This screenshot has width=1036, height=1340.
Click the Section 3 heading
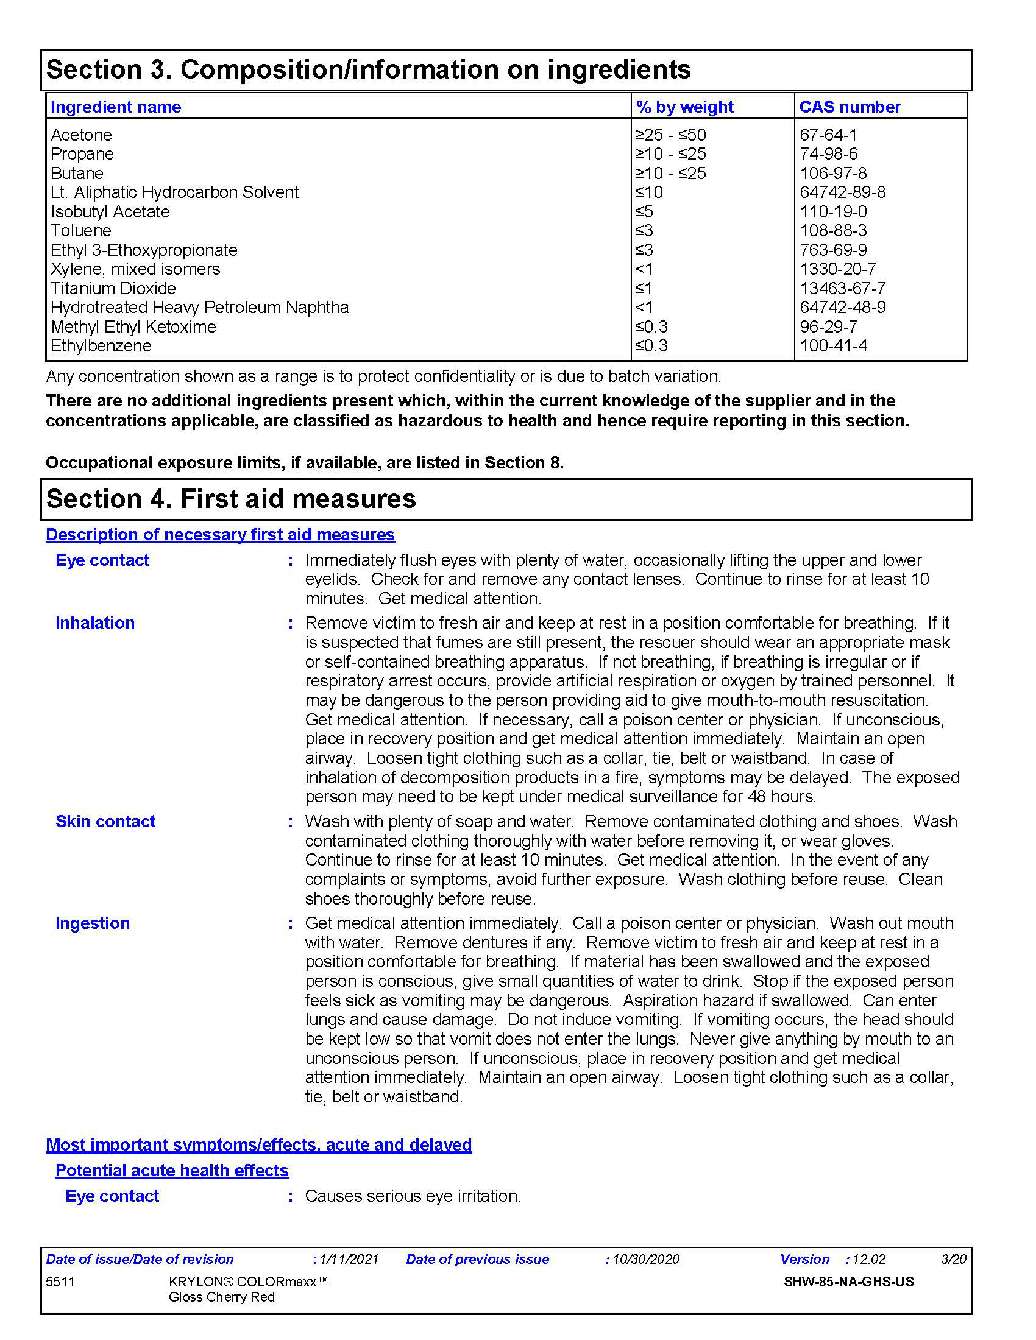coord(368,69)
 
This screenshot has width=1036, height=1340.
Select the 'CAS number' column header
coord(850,107)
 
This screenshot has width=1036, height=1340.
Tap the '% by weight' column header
coord(684,107)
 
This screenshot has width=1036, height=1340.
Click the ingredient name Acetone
coord(81,135)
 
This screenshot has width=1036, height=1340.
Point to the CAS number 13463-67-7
coord(842,288)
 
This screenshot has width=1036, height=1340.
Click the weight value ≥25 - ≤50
coord(670,135)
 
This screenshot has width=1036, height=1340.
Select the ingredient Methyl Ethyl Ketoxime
coord(133,327)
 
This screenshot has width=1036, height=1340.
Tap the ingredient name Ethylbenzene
coord(101,346)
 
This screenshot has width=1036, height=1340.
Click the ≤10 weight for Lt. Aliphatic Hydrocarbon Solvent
coord(649,192)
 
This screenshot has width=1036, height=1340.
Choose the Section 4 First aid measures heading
coord(231,499)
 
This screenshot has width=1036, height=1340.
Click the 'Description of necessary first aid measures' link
coord(220,534)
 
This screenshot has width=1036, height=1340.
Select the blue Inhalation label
coord(95,622)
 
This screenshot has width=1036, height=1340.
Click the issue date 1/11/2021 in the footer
coord(349,1259)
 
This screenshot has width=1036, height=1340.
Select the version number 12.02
coord(868,1259)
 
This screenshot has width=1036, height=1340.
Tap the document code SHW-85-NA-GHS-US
coord(848,1282)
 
